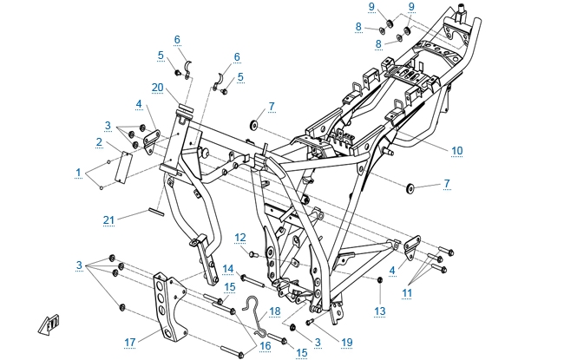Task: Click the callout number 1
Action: pyautogui.click(x=79, y=173)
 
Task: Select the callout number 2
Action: pyautogui.click(x=100, y=142)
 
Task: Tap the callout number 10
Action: pyautogui.click(x=456, y=150)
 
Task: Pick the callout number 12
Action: pyautogui.click(x=240, y=238)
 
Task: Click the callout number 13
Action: pyautogui.click(x=379, y=311)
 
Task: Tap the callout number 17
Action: pyautogui.click(x=129, y=342)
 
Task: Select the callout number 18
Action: pyautogui.click(x=275, y=310)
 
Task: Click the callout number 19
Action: pyautogui.click(x=347, y=343)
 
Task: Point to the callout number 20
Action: pyautogui.click(x=157, y=87)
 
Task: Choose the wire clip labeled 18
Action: pyautogui.click(x=255, y=317)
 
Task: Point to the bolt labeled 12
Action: pyautogui.click(x=254, y=255)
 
